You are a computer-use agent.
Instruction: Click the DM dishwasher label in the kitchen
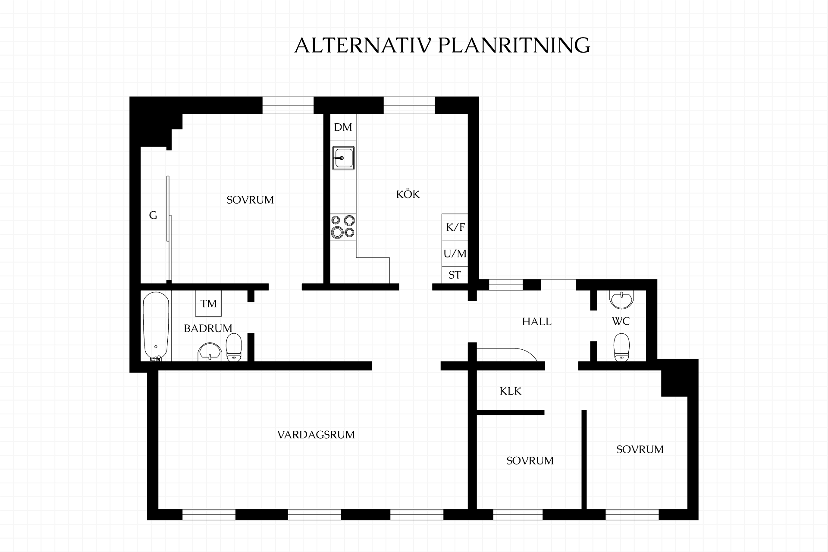tap(343, 127)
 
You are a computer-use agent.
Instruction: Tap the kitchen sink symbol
tap(343, 158)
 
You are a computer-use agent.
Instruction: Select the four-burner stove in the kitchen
tap(343, 227)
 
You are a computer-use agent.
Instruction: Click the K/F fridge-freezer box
tap(455, 227)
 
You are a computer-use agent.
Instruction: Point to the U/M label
tap(455, 254)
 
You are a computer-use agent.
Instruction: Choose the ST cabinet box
tap(455, 275)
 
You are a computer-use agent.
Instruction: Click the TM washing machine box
tap(209, 304)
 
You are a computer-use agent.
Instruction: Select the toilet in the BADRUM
tap(234, 347)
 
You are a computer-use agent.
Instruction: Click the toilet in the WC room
tap(621, 347)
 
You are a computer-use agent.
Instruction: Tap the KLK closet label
tap(511, 391)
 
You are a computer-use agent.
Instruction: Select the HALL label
tap(537, 322)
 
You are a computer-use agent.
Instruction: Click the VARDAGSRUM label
tap(316, 435)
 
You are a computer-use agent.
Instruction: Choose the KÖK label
tap(408, 194)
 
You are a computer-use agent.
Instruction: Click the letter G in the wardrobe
tap(153, 215)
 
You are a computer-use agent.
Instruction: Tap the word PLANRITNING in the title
tap(514, 45)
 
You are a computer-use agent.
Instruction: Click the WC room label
tap(621, 321)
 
